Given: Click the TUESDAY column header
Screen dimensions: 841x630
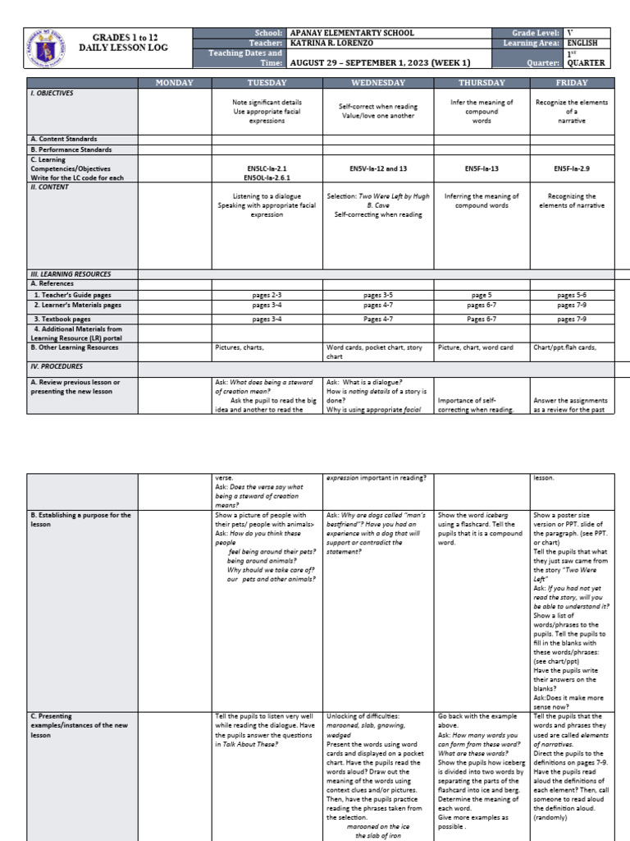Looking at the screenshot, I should pos(267,83).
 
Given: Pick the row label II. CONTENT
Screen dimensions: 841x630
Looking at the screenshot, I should pos(50,186).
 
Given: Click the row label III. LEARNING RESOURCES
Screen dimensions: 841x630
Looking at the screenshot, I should pos(71,274).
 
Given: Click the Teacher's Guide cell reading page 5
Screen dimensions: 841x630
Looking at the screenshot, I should pos(482,294).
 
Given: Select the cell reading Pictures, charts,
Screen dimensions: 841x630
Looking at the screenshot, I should pos(240,347).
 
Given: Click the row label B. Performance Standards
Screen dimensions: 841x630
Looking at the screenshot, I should pos(71,149).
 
